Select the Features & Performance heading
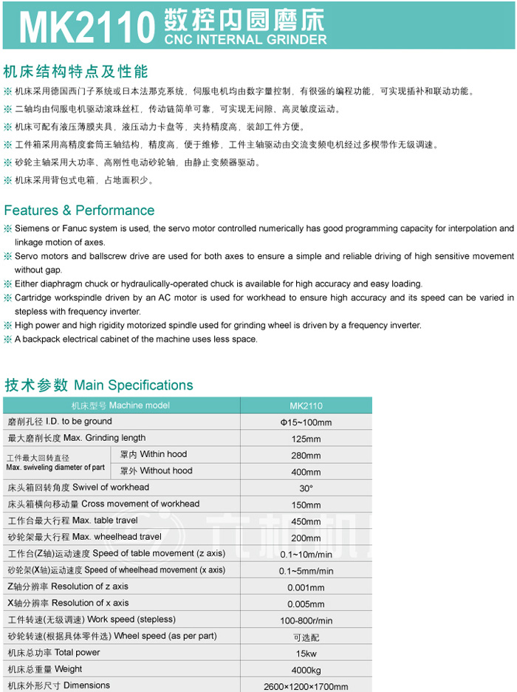(x=79, y=210)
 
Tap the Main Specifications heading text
(x=133, y=385)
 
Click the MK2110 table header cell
(x=306, y=405)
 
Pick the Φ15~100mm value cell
(x=306, y=422)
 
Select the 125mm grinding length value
(x=306, y=439)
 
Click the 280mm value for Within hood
(x=306, y=455)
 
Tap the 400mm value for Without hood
(x=306, y=472)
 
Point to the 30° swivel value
(x=306, y=488)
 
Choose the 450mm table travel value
(x=306, y=521)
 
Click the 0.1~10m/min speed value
(x=306, y=555)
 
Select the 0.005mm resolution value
(x=306, y=604)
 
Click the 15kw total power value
(x=306, y=654)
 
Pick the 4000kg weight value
(x=306, y=670)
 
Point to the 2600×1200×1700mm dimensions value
(x=306, y=686)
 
